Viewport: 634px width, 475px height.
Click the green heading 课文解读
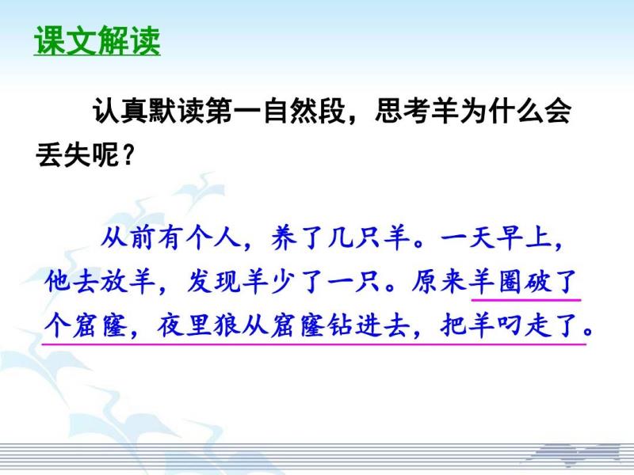[97, 40]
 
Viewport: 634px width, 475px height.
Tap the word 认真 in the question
[120, 111]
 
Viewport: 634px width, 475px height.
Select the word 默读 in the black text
[176, 111]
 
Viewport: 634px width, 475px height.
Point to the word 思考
[403, 111]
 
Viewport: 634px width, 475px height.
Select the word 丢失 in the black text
[63, 154]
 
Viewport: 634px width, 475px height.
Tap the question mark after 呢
[128, 155]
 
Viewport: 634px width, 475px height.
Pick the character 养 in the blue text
[285, 237]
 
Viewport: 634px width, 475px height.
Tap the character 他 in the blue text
[58, 281]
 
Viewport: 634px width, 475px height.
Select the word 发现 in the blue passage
[212, 281]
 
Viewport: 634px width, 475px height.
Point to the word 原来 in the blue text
[438, 281]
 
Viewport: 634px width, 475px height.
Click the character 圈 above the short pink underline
[510, 281]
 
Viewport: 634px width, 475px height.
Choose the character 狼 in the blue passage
[227, 325]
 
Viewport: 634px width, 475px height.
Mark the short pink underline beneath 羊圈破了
[526, 300]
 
